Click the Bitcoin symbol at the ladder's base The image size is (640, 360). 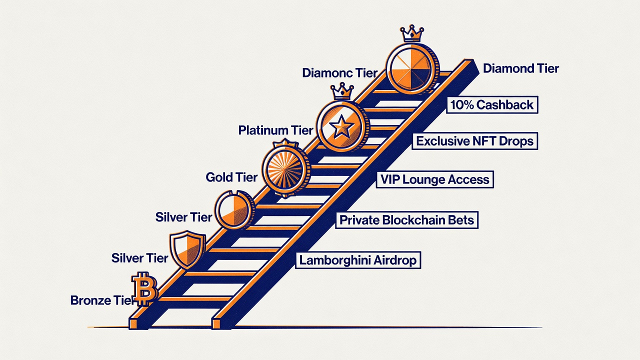pos(144,289)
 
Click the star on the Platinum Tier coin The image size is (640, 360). pos(341,126)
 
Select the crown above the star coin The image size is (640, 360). pos(342,91)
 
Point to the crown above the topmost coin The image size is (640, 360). pos(412,33)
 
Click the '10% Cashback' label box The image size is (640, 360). pos(492,105)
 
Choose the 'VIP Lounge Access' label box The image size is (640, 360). pos(435,179)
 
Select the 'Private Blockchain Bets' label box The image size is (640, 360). pos(407,220)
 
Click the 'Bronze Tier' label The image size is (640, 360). pos(101,300)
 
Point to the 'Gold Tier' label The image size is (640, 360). pos(231,177)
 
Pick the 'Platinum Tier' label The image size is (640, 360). pos(275,130)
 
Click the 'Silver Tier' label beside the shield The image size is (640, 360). pos(139,258)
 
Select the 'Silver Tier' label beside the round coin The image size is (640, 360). pos(183,217)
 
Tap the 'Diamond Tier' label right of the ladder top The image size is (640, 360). pos(521,68)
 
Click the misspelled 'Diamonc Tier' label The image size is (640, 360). pos(340,73)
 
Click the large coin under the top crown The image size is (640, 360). pos(412,68)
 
